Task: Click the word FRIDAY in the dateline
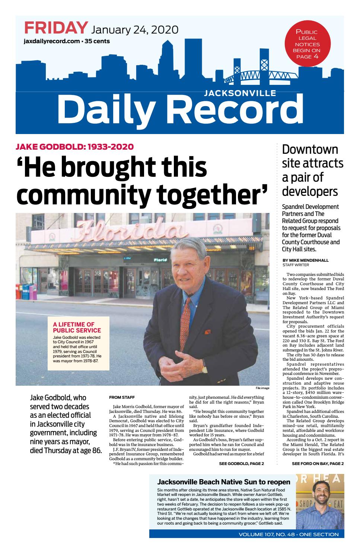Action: point(56,28)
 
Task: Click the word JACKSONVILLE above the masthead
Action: point(240,93)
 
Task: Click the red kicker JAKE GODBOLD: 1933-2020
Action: point(74,146)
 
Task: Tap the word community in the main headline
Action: point(82,194)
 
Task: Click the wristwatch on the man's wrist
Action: point(204,369)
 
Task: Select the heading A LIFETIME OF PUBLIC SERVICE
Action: point(77,327)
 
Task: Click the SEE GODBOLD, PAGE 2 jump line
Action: point(241,464)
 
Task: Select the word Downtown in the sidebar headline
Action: point(310,149)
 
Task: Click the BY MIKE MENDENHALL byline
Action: point(305,260)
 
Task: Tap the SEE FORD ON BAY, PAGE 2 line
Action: point(318,464)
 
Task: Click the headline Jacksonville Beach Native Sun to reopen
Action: point(224,482)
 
